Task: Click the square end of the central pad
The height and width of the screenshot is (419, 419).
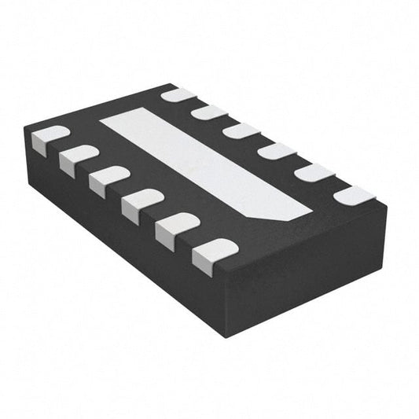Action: click(118, 121)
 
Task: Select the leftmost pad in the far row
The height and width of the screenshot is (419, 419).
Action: click(178, 97)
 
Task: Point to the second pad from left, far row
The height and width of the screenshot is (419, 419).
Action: click(209, 112)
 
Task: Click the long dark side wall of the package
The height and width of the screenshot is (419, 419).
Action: click(118, 236)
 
